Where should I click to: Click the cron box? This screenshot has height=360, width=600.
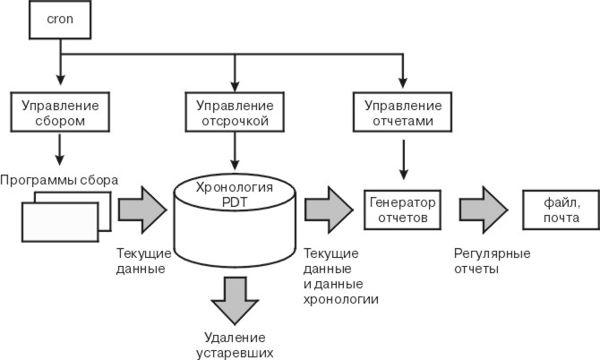coord(61,20)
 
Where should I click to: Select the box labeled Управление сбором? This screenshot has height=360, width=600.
coord(61,110)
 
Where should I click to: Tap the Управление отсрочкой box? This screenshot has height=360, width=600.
coord(234,110)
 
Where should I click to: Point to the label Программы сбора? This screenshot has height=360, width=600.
coord(59,178)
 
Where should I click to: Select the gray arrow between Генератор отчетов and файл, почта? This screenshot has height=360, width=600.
coord(483,209)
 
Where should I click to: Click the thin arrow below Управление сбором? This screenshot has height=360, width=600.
coord(61,146)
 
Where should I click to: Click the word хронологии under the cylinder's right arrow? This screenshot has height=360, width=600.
coord(341,299)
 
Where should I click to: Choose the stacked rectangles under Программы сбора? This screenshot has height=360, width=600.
coord(61,216)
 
